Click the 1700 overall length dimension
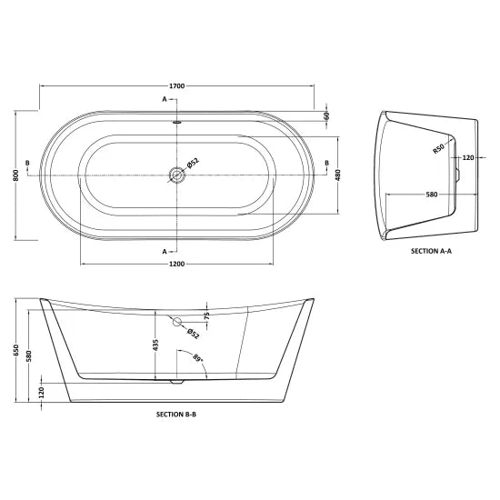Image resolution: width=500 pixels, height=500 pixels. click(x=176, y=85)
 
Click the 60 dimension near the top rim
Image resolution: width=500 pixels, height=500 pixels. click(x=325, y=115)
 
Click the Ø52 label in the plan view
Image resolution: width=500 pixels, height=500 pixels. click(x=193, y=163)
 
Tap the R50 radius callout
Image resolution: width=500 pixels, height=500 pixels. click(x=438, y=151)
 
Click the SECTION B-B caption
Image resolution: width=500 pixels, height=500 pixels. click(x=176, y=413)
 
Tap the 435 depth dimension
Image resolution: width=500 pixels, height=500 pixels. click(x=155, y=346)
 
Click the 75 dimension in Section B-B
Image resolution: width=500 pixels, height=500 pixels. click(x=206, y=315)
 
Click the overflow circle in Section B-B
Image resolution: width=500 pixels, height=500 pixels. click(x=176, y=321)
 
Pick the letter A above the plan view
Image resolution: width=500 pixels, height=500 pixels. click(x=165, y=98)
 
